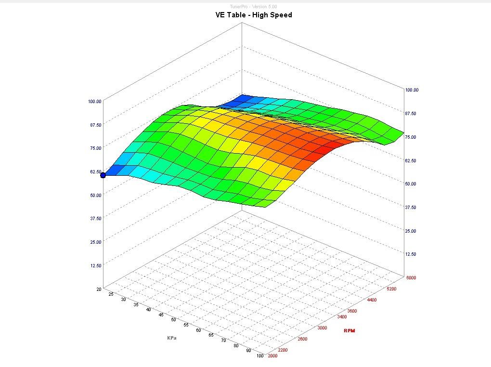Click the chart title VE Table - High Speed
click(x=253, y=15)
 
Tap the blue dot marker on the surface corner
click(x=103, y=175)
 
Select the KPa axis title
click(x=172, y=338)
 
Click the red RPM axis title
click(x=349, y=330)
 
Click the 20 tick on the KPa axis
click(x=98, y=289)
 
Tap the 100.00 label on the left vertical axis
click(x=94, y=101)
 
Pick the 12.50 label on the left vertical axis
click(x=94, y=265)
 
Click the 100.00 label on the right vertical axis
click(x=412, y=90)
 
